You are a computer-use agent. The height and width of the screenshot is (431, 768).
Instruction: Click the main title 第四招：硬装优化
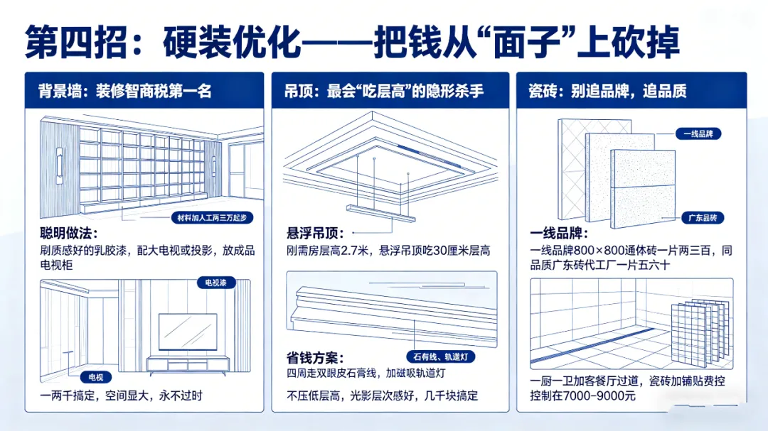coord(162,43)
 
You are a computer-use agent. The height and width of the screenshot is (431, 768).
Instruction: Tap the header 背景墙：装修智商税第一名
coord(125,91)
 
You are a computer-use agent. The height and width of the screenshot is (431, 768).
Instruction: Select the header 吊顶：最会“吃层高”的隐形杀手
coord(384,91)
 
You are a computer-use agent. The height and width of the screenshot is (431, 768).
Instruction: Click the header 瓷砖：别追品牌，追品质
coord(607,91)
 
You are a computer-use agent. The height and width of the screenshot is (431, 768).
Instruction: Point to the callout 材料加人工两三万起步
coord(212,218)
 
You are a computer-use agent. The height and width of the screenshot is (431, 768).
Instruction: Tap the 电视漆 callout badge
coord(216,283)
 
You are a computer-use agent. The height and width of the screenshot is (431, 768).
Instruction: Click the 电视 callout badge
coord(96,377)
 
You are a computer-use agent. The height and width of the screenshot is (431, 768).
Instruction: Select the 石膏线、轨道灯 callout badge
coord(441,356)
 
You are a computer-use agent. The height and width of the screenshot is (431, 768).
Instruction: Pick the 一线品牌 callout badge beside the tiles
coord(698,133)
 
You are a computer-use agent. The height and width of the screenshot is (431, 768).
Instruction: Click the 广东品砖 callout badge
coord(703,218)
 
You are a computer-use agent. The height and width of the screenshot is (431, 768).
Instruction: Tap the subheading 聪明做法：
coord(69,233)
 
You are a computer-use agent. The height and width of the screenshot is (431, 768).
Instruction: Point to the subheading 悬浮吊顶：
coord(316,233)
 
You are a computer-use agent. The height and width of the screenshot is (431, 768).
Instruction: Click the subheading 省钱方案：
coord(316,358)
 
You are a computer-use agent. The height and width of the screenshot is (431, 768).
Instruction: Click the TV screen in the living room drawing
coord(188,332)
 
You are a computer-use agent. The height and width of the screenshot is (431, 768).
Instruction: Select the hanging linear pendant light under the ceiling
coord(380,213)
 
